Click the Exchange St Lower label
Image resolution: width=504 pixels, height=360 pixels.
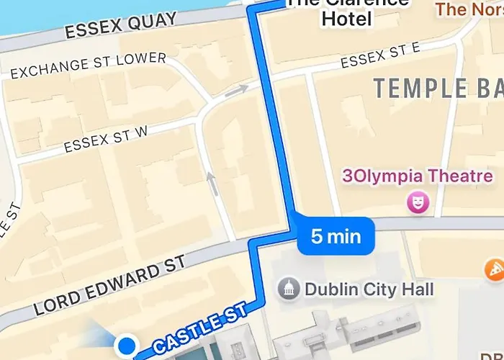(88, 66)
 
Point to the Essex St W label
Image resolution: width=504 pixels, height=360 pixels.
(106, 138)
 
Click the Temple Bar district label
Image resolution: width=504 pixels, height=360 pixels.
(438, 89)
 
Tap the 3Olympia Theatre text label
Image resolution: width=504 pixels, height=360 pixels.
(418, 176)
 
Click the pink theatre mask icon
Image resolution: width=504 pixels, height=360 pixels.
(416, 202)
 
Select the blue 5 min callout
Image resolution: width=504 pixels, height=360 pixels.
(336, 235)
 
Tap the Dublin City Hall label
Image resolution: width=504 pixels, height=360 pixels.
(369, 289)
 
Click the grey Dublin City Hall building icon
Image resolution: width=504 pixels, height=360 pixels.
(289, 289)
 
